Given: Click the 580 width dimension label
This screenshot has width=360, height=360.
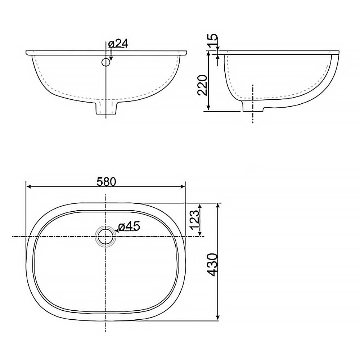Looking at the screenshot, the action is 106,182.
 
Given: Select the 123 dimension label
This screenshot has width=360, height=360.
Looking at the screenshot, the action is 195,219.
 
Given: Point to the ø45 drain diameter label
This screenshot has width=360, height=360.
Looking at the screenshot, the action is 129,226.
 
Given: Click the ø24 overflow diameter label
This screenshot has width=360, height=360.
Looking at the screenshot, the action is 118,44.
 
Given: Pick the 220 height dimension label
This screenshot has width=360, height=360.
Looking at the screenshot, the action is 203,85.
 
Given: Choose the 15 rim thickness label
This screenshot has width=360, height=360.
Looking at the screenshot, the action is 213,40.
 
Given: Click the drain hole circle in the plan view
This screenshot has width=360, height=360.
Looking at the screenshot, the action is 105,237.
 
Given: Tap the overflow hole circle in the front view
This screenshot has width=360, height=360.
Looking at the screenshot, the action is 106,62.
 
